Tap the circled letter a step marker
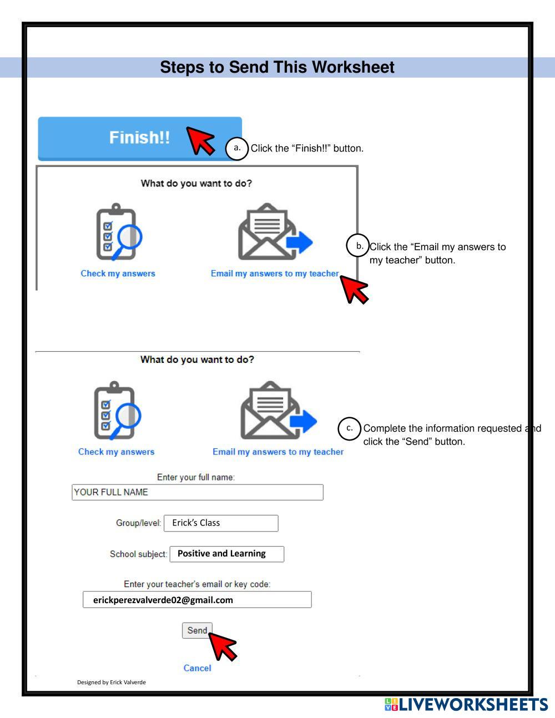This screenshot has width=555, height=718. [x=237, y=149]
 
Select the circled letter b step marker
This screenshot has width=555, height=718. [x=358, y=246]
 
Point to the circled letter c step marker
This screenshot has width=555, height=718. [x=349, y=428]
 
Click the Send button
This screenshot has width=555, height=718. [x=197, y=630]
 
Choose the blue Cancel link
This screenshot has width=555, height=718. [x=197, y=668]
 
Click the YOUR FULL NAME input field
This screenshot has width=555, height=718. [x=197, y=492]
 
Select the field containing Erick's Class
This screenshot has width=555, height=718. [x=221, y=523]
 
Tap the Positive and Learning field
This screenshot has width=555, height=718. [x=226, y=554]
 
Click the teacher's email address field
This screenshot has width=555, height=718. [x=197, y=600]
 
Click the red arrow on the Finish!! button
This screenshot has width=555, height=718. [x=200, y=140]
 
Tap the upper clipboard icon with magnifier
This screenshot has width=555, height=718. [x=118, y=232]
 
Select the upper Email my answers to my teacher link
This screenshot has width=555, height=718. [x=274, y=274]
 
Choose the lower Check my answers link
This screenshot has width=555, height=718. [x=116, y=452]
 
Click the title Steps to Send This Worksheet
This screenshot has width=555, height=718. [x=277, y=67]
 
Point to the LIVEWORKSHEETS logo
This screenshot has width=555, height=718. [x=466, y=705]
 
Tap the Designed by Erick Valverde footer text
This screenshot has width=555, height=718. [x=111, y=682]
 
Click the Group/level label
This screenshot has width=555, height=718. [x=138, y=523]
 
